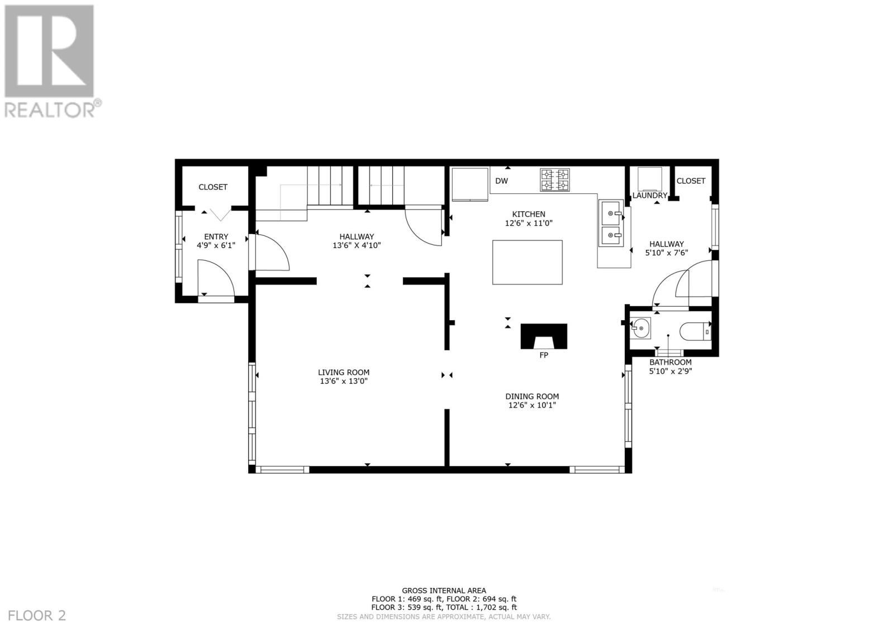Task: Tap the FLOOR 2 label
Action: coord(34,616)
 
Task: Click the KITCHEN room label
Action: coord(529,214)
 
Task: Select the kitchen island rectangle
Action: coord(527,262)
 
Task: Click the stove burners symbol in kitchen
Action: coord(554,179)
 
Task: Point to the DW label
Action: coord(501,181)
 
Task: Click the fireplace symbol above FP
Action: coord(544,336)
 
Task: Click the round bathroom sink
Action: coord(640,329)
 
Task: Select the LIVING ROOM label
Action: coord(344,372)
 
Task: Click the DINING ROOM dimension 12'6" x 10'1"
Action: coord(532,406)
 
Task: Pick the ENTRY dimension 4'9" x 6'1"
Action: coord(216,245)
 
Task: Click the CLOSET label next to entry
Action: coord(213,187)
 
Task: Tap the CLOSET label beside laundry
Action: coord(691,180)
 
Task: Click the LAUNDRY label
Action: coord(649,196)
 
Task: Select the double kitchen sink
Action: coord(611,224)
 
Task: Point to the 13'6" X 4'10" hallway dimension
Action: coord(356,245)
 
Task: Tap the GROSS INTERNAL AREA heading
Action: coord(444,590)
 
